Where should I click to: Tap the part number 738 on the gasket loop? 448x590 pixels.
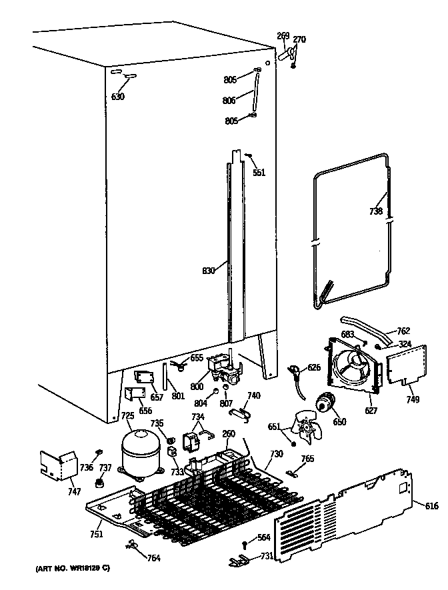[x=376, y=212]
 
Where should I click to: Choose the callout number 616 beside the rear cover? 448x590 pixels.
[x=431, y=507]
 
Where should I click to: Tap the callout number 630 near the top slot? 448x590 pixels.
[x=117, y=97]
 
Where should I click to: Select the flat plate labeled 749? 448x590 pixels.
[x=406, y=366]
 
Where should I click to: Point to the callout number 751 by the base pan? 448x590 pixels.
[x=97, y=533]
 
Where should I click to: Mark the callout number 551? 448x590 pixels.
[x=259, y=173]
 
